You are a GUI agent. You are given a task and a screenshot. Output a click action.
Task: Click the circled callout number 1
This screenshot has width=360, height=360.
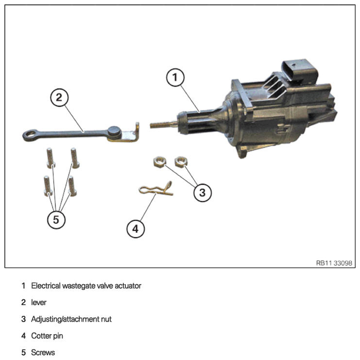(x=175, y=77)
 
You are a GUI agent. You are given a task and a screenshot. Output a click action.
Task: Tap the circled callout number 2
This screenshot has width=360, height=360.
(x=59, y=98)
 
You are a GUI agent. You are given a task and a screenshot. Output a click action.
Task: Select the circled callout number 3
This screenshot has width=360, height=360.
(x=202, y=192)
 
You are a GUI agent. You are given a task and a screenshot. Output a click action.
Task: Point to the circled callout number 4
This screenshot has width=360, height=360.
(x=136, y=229)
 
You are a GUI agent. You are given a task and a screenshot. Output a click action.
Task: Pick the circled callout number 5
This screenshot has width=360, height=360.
(x=56, y=220)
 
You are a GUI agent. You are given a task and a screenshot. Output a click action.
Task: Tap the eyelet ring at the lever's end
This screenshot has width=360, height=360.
(x=30, y=135)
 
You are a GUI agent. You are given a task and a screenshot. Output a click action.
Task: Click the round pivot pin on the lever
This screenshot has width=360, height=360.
(x=114, y=133)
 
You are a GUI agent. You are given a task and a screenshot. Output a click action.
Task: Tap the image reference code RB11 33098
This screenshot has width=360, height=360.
(x=334, y=263)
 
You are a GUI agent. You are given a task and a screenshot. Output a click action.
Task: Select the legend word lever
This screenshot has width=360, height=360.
(x=38, y=302)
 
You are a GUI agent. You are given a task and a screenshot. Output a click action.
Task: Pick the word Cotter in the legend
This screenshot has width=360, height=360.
(x=41, y=336)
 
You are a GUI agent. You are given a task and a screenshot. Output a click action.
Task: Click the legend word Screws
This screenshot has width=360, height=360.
(x=43, y=352)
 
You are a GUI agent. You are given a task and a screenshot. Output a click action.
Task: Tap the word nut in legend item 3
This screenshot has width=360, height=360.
(x=106, y=319)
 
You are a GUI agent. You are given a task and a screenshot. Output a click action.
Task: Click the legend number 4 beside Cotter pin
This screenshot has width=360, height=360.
(x=23, y=336)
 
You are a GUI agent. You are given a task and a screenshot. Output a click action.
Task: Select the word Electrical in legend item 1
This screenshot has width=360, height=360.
(x=46, y=286)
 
